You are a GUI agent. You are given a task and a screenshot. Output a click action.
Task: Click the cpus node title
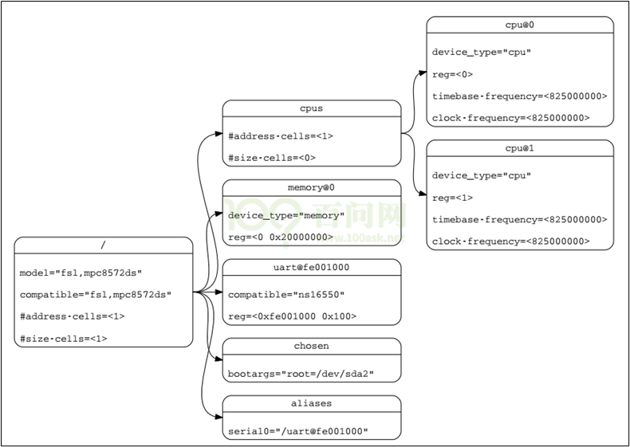311,108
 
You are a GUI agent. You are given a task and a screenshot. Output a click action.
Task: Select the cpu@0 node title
520,25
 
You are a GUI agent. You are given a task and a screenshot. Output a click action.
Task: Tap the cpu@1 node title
520,148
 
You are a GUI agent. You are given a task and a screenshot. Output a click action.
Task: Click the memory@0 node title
311,187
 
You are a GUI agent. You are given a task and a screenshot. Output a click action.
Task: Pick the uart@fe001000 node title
311,267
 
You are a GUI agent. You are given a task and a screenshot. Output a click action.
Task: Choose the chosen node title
311,347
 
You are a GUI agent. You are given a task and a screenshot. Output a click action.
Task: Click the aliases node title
311,404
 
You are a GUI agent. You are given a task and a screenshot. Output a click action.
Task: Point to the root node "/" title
104,245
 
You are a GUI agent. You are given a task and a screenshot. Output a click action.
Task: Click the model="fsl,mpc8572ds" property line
81,273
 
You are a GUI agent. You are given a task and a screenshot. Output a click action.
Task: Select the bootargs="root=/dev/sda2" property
301,374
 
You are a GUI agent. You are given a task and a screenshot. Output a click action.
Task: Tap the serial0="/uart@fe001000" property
298,431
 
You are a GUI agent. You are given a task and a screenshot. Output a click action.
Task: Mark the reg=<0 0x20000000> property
281,237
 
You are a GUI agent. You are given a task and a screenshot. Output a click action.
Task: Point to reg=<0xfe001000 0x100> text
292,316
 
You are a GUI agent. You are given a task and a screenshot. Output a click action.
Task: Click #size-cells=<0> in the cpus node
272,157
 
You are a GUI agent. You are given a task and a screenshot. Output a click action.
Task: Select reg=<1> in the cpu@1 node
453,198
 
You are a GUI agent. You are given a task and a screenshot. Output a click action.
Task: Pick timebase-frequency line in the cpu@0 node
519,96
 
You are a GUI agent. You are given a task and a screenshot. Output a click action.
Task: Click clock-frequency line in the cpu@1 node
510,241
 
